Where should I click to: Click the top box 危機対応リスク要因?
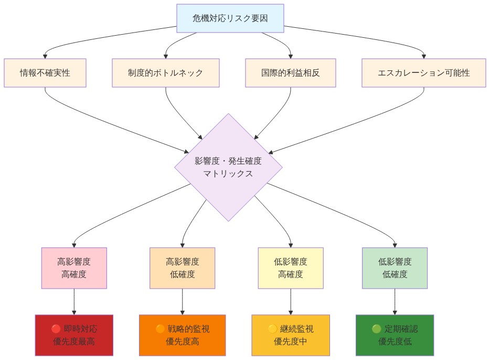point(230,18)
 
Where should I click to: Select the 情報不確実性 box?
point(45,73)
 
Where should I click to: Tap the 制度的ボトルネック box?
point(166,73)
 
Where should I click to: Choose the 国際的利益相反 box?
point(290,73)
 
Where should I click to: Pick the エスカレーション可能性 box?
point(424,73)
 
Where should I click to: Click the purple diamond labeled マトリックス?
point(228,167)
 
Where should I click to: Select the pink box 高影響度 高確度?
point(74,268)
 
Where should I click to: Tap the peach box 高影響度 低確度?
point(183,268)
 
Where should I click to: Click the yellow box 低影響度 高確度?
point(291,268)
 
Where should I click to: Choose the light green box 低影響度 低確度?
point(395,268)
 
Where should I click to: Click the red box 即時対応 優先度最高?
point(74,335)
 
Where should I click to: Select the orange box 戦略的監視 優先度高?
point(183,335)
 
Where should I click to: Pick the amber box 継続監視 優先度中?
point(291,335)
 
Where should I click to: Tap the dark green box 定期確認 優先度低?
point(395,335)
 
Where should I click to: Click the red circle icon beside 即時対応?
point(56,329)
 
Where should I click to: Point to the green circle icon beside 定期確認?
point(376,329)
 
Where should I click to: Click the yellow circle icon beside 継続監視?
point(272,329)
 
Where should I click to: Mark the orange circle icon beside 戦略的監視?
point(160,329)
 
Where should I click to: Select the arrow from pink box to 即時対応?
point(74,301)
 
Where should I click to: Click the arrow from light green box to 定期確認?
point(395,301)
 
